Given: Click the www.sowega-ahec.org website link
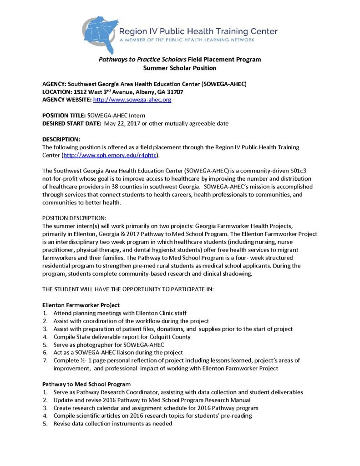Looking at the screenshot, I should (x=132, y=100).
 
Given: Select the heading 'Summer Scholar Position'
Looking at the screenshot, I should (x=180, y=68).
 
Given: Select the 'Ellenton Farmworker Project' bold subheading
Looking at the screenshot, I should (x=80, y=305).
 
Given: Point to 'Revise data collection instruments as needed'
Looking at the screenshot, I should (x=113, y=424).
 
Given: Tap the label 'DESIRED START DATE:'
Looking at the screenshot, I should (x=71, y=123).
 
